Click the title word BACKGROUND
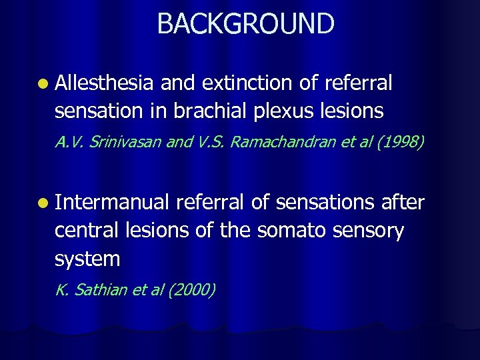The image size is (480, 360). (245, 23)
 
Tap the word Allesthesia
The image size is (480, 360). (105, 83)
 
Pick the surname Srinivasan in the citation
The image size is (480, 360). (121, 142)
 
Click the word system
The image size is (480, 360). (87, 259)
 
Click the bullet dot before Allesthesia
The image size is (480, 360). (43, 85)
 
